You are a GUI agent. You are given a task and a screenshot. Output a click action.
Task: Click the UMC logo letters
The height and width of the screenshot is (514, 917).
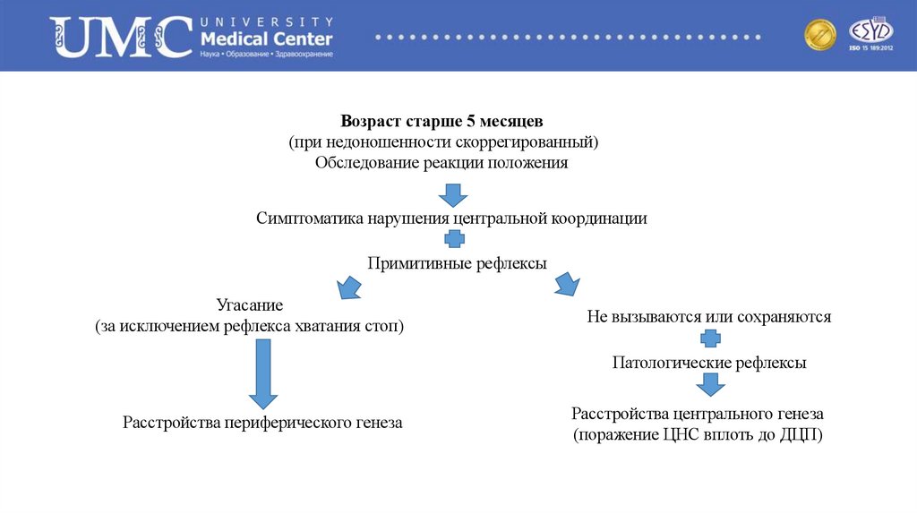coord(122,36)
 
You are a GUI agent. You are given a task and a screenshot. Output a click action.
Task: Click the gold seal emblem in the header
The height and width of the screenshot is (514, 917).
coord(819,36)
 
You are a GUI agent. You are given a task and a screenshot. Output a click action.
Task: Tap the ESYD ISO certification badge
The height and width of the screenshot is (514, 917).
coord(865,35)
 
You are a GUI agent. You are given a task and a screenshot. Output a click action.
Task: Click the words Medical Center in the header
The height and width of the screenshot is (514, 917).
coord(267,39)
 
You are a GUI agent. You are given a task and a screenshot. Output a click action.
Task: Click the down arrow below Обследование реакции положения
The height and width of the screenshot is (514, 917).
coord(453,193)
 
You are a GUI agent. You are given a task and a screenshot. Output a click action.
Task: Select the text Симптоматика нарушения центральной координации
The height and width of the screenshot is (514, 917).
coord(451,218)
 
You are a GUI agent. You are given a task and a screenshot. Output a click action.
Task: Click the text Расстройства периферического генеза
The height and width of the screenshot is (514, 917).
coord(262,422)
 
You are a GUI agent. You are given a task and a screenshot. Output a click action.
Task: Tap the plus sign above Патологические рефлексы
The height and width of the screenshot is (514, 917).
coord(709,338)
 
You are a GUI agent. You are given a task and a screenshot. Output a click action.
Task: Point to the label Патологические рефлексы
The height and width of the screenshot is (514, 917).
coord(709,363)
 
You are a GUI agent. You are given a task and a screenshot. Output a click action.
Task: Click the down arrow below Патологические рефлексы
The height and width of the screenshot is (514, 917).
coord(710,385)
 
